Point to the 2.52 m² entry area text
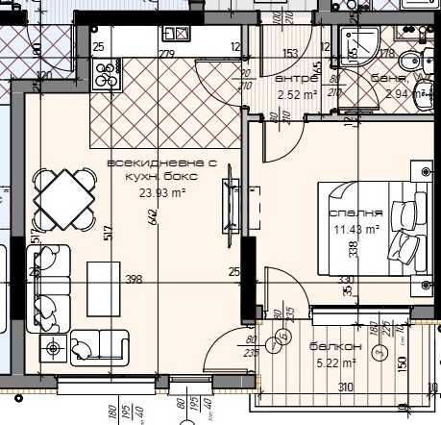pyautogui.click(x=297, y=95)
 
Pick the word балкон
pyautogui.click(x=335, y=347)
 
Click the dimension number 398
pyautogui.click(x=134, y=280)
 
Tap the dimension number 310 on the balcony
pyautogui.click(x=344, y=387)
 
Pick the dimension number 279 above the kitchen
pyautogui.click(x=165, y=53)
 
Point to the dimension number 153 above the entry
pyautogui.click(x=289, y=53)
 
